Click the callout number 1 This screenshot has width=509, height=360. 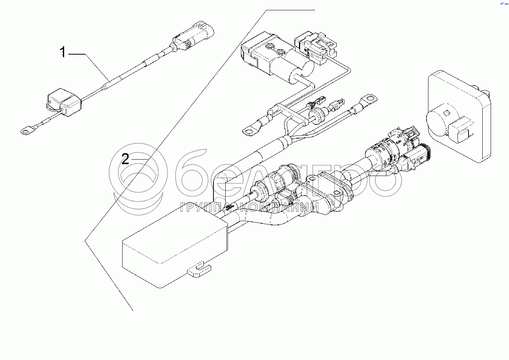tap(63, 52)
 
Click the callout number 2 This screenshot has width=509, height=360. tap(125, 159)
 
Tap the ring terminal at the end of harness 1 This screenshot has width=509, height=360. tap(26, 132)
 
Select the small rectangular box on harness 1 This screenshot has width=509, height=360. tap(64, 102)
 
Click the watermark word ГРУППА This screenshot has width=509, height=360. tap(204, 207)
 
